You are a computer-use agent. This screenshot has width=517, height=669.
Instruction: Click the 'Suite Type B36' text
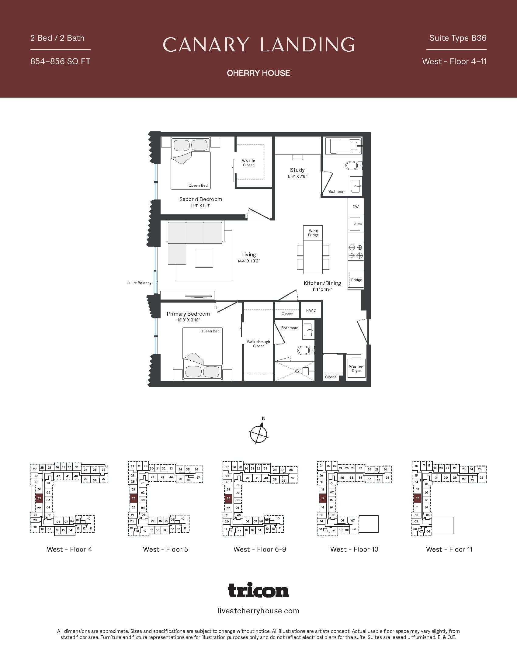point(458,38)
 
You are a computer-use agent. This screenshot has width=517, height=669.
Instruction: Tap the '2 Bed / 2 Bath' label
point(57,38)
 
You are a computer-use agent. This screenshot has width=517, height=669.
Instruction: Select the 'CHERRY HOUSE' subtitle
point(258,73)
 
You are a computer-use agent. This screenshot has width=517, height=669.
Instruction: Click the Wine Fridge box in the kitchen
point(313,233)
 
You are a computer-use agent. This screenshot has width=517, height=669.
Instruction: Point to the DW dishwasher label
point(355,207)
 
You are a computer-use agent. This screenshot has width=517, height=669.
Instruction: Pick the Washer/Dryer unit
point(356,369)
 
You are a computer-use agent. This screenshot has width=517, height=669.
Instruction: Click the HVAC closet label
point(311,310)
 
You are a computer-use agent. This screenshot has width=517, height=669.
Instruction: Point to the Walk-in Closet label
point(248,163)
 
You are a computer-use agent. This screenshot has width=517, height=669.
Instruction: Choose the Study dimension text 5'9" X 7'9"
point(297,176)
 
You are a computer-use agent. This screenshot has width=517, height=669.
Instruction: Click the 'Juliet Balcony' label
point(139,283)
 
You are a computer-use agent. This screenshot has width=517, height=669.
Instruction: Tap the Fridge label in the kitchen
point(356,280)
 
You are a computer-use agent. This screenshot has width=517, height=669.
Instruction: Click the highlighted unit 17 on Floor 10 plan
point(322,498)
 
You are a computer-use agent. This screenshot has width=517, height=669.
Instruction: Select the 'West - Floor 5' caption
point(165,549)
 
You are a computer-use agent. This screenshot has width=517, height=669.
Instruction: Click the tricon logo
point(258,590)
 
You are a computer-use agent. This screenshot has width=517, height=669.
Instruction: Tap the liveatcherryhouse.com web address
point(258,611)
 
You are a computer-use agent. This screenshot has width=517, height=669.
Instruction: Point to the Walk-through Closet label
point(258,344)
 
